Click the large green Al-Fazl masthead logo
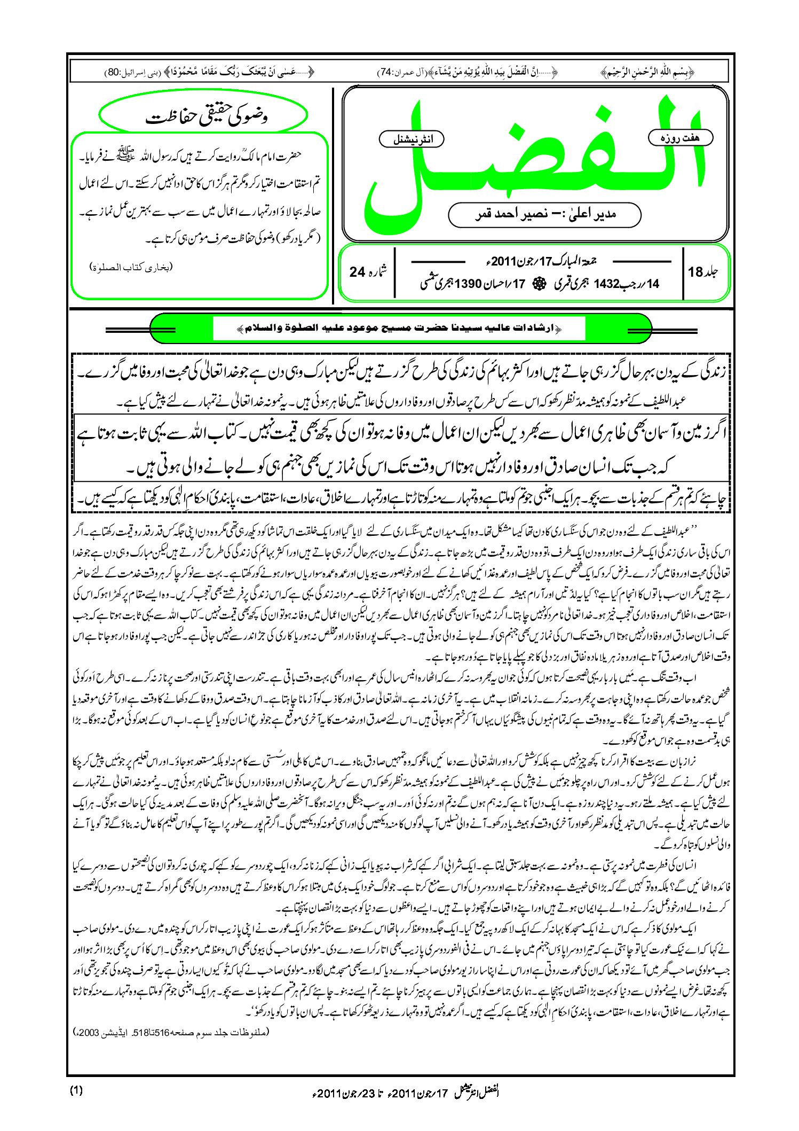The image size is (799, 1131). point(534,160)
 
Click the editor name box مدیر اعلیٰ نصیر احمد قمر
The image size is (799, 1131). point(544,214)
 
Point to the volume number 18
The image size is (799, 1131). point(695,272)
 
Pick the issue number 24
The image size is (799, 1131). point(357,272)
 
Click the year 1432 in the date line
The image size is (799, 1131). point(606,284)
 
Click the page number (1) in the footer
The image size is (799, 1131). point(76,1090)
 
